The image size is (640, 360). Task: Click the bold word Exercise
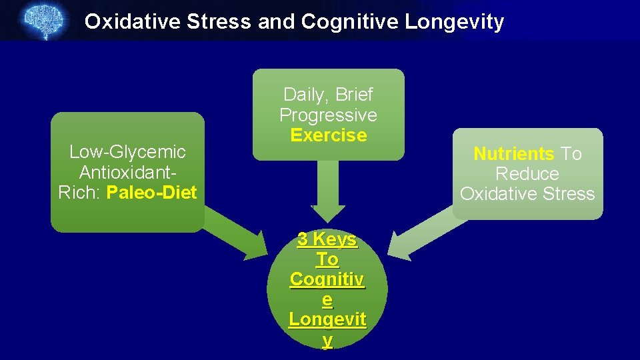[x=329, y=135]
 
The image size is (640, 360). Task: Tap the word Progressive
[x=328, y=115]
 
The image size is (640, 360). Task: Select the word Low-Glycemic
[x=127, y=152]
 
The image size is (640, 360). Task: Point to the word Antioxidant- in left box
[x=127, y=173]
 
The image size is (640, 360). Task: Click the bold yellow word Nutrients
[x=513, y=154]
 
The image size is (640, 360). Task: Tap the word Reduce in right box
[x=527, y=174]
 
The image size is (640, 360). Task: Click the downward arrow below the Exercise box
[x=327, y=193]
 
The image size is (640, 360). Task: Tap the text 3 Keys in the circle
[x=327, y=239]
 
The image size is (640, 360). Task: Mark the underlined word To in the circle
[x=327, y=259]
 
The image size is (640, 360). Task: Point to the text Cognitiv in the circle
[x=327, y=279]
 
